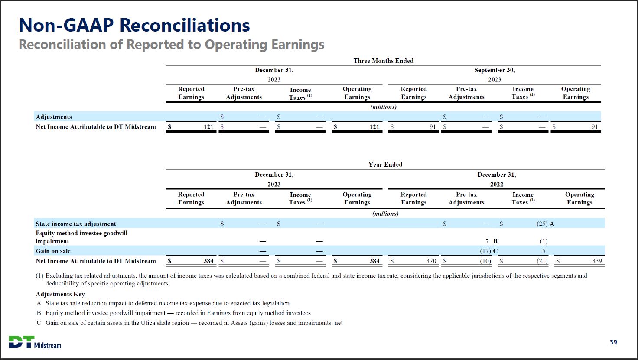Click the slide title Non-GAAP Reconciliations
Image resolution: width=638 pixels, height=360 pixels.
coord(134,25)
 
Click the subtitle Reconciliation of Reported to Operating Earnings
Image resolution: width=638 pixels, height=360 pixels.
coord(171,45)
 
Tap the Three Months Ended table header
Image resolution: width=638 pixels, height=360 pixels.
coord(383,61)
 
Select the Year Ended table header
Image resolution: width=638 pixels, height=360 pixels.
coord(385,165)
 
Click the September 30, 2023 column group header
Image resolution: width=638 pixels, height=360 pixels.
coord(495,75)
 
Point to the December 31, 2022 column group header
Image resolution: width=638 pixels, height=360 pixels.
coord(496,179)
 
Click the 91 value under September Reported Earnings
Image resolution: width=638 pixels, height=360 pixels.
coord(432,127)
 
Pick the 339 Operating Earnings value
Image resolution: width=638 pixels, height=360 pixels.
coord(596,261)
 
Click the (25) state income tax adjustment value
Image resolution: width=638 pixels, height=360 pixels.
coord(542,224)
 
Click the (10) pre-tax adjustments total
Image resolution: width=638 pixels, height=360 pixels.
coord(485,261)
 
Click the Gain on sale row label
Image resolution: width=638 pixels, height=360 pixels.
coord(53,251)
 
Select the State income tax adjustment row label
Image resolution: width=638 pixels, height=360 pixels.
coord(76,224)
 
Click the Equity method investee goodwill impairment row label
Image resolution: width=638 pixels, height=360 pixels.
coord(81,237)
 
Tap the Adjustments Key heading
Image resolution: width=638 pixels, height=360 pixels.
coord(60,294)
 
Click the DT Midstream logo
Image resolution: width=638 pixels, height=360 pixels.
coord(35,342)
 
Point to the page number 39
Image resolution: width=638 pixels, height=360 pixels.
coord(613,342)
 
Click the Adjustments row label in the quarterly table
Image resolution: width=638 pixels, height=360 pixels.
coord(54,117)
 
